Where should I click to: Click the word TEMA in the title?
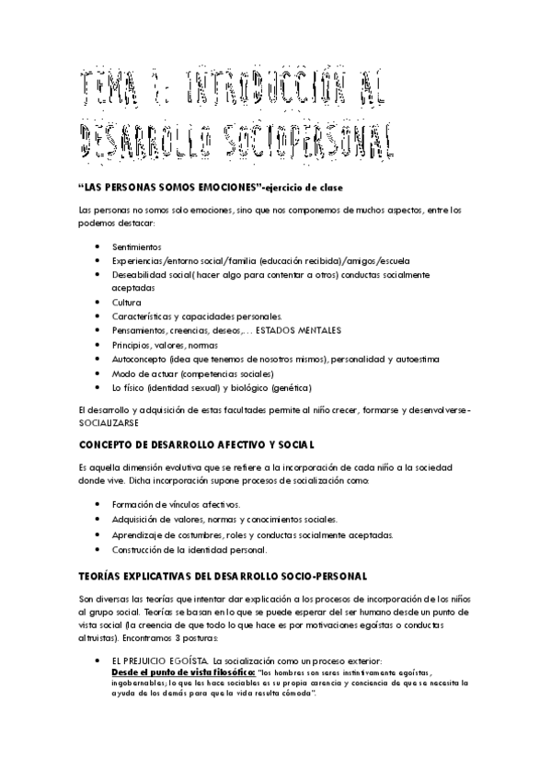pyautogui.click(x=104, y=92)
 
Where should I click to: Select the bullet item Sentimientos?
pyautogui.click(x=136, y=247)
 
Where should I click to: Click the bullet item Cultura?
pyautogui.click(x=127, y=302)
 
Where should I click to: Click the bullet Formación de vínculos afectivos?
pyautogui.click(x=176, y=504)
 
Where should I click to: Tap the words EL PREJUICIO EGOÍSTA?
pyautogui.click(x=160, y=660)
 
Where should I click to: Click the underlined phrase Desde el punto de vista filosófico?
pyautogui.click(x=177, y=672)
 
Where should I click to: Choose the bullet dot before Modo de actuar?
pyautogui.click(x=98, y=373)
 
